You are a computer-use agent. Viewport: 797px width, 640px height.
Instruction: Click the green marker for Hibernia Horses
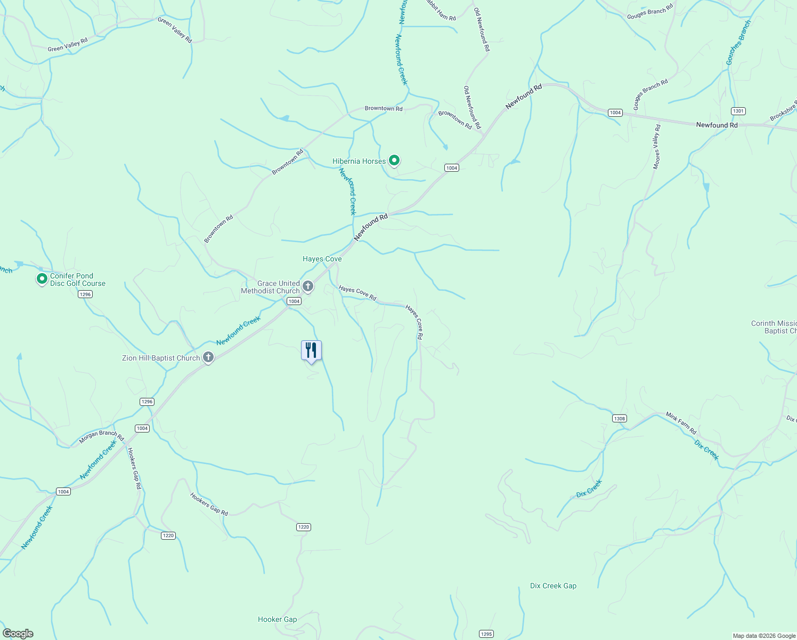[394, 160]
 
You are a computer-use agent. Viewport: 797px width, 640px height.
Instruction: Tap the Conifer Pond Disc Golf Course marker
[42, 278]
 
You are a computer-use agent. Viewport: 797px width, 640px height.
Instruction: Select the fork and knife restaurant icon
[311, 350]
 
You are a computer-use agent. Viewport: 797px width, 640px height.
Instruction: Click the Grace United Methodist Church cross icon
[307, 286]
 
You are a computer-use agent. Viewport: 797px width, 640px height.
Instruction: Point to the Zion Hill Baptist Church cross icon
[208, 357]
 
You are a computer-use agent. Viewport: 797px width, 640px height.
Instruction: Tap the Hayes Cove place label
[322, 259]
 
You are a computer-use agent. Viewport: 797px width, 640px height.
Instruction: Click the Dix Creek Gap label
[553, 586]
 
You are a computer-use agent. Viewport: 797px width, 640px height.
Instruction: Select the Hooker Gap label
[277, 619]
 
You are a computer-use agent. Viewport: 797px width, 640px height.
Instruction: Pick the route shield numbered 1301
[738, 111]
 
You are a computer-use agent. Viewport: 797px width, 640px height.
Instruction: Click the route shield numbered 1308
[619, 419]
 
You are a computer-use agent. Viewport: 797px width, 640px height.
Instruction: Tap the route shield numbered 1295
[486, 634]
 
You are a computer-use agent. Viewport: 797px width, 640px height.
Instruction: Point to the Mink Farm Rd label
[681, 423]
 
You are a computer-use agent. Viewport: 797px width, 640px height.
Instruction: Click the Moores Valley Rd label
[657, 147]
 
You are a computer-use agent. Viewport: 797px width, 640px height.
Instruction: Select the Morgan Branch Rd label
[101, 437]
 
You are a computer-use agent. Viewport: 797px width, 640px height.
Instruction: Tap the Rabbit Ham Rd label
[441, 11]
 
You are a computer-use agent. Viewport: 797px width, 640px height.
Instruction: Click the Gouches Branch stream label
[738, 43]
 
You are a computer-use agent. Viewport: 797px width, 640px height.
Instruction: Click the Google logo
[18, 633]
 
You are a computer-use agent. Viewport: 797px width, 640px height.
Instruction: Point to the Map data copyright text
[764, 636]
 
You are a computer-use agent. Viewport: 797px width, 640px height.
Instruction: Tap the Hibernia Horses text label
[359, 161]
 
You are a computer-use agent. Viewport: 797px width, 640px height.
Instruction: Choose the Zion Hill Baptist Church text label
[161, 358]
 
